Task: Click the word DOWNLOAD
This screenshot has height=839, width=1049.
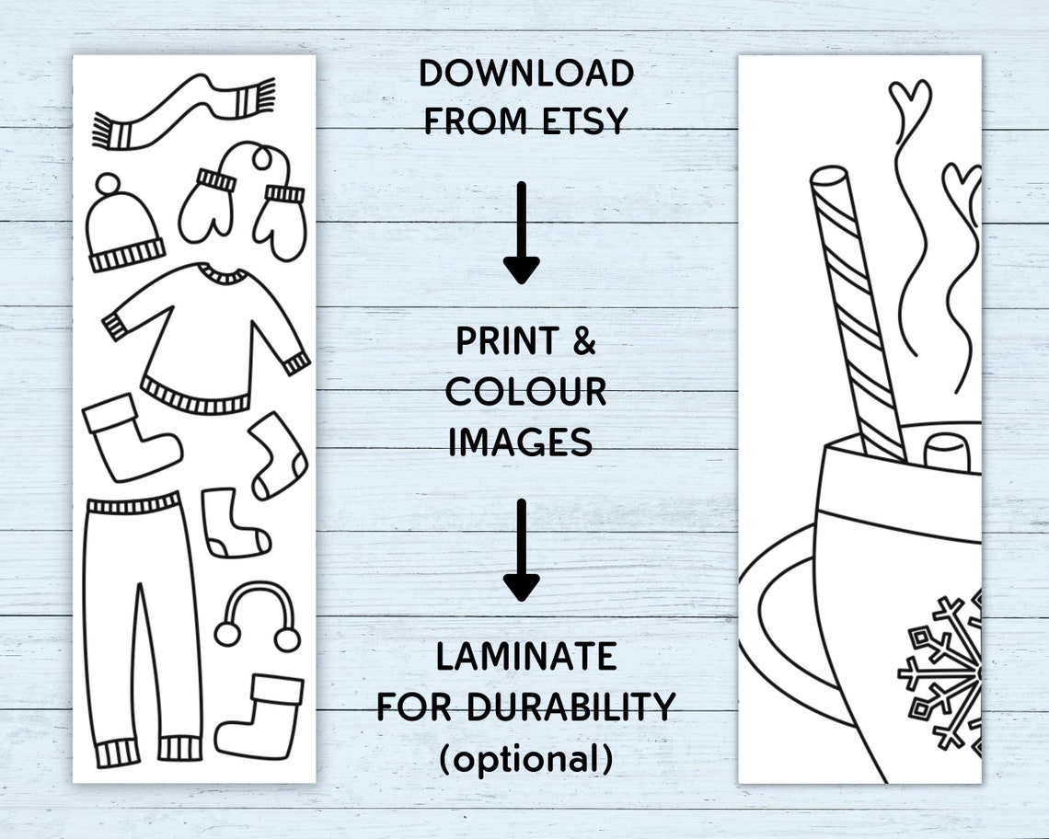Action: point(526,74)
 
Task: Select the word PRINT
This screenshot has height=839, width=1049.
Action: point(508,341)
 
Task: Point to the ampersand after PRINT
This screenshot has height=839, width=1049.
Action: point(584,341)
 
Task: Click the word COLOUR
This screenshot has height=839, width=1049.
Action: point(526,392)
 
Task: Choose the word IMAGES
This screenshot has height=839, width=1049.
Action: point(521,442)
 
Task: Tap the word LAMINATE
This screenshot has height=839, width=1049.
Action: point(526,657)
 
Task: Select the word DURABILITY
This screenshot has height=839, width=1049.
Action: point(571,707)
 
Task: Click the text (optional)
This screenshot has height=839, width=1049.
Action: point(525,758)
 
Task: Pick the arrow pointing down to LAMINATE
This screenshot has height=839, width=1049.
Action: point(521,549)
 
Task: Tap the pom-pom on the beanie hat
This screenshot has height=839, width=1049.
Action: point(109,185)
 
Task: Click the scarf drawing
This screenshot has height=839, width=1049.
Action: point(184,110)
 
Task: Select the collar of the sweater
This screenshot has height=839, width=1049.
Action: point(224,273)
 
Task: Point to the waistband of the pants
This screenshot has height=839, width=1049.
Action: point(133,504)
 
